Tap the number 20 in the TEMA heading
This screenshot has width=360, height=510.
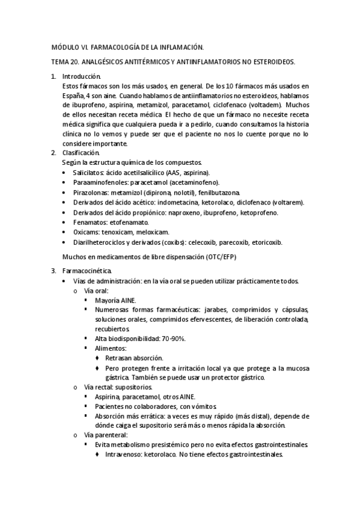click(x=75, y=62)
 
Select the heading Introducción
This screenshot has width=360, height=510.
click(x=82, y=77)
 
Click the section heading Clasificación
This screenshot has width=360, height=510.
click(x=81, y=153)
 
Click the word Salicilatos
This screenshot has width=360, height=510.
click(x=89, y=173)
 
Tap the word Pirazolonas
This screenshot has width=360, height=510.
click(x=91, y=192)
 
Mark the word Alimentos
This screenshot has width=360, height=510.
click(x=111, y=348)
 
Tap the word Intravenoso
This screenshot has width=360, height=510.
click(x=123, y=455)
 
